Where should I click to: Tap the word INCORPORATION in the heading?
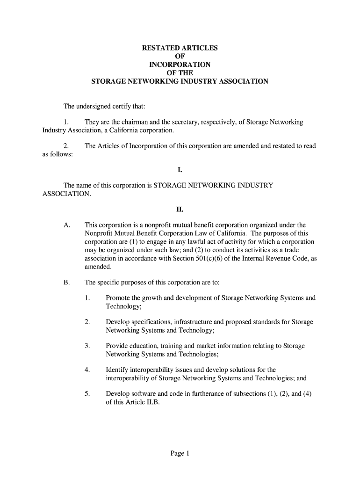[x=180, y=65]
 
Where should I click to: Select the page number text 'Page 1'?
[x=180, y=453]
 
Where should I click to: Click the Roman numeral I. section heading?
[x=180, y=170]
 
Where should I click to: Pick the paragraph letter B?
[x=67, y=283]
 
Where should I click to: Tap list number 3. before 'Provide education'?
[x=87, y=346]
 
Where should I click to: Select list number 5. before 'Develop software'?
[x=87, y=394]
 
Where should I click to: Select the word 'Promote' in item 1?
[x=119, y=298]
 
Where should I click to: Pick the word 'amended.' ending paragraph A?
[x=98, y=267]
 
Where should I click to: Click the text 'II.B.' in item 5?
[x=151, y=402]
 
